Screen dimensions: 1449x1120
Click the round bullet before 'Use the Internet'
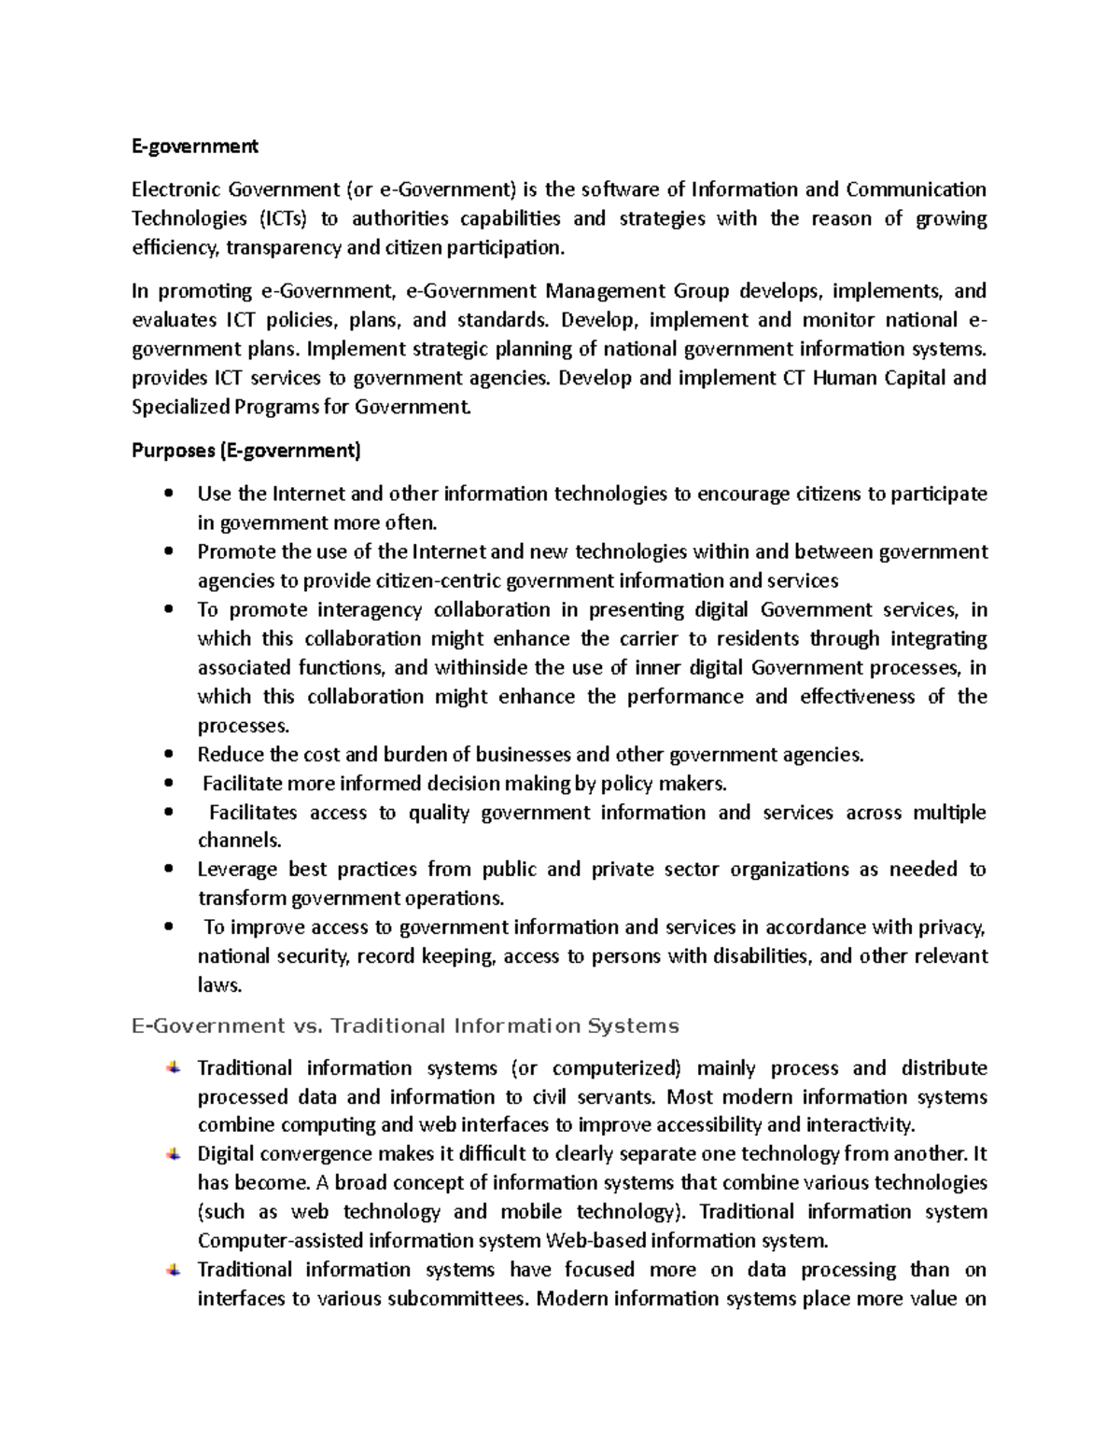pyautogui.click(x=168, y=494)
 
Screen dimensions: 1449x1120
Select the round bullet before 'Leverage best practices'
pyautogui.click(x=168, y=870)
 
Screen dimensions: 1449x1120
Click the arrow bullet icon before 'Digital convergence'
pyautogui.click(x=175, y=1154)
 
